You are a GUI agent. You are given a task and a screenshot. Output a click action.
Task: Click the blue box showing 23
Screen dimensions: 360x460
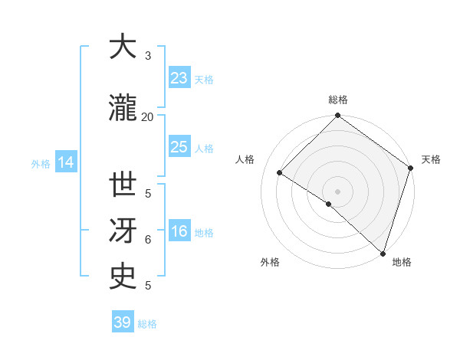click(179, 77)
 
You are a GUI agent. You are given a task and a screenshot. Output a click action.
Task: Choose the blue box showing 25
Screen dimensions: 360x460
click(179, 147)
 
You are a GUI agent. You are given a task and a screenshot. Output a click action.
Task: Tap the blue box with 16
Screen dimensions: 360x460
click(179, 231)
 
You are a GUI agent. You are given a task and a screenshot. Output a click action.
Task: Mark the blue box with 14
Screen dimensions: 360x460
click(65, 162)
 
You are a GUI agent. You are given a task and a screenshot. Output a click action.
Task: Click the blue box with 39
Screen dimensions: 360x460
click(122, 322)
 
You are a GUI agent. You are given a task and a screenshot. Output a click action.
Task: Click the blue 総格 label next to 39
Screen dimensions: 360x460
click(147, 324)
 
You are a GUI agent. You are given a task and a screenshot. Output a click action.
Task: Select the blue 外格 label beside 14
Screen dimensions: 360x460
click(41, 164)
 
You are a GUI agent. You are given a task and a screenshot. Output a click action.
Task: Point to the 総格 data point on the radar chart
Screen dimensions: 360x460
click(337, 116)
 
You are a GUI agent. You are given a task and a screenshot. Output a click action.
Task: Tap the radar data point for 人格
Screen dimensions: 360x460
click(280, 173)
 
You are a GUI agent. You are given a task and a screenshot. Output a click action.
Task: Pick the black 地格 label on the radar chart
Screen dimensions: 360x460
click(402, 263)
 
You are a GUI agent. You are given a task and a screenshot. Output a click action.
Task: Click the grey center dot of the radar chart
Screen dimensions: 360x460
click(337, 191)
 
